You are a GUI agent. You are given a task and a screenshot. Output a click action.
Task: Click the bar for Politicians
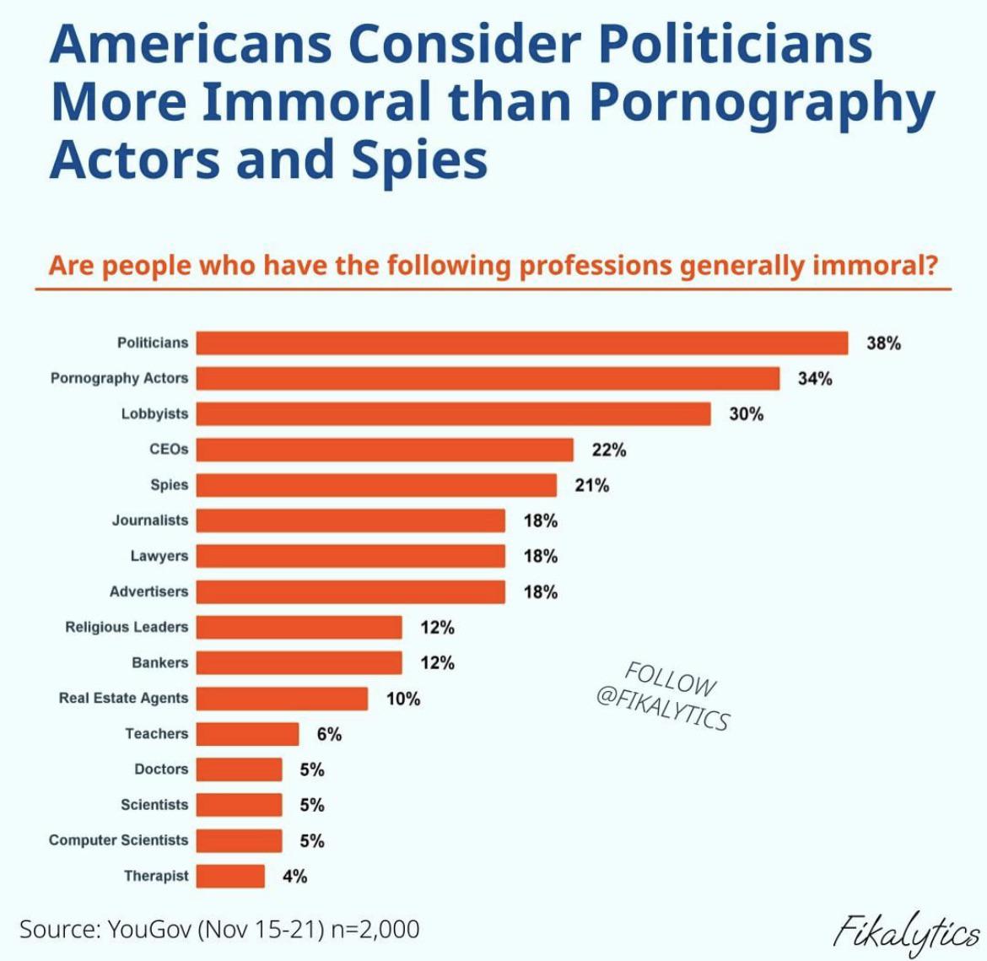coord(522,343)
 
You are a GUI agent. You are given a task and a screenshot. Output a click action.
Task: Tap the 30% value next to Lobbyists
coord(747,413)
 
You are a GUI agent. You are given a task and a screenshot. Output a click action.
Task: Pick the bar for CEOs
coord(385,450)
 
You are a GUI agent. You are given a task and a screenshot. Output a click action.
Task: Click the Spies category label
coord(169,485)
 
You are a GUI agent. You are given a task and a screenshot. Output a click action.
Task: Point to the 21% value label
coord(591,485)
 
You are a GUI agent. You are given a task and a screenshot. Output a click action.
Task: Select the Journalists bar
coord(351,521)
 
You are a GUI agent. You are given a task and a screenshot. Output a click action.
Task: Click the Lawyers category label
coord(159,556)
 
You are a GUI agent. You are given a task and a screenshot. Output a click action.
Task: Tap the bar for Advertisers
coord(351,591)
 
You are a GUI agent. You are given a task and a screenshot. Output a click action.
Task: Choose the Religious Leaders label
coord(127,627)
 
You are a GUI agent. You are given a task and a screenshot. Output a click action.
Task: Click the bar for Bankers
coord(299,662)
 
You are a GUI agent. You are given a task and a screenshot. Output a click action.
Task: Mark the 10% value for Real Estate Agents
coord(403,699)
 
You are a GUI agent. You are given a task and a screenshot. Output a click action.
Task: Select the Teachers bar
coord(248,734)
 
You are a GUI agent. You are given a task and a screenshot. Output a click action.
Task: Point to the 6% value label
coord(330,734)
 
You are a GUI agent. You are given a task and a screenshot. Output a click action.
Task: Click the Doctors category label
coord(161,769)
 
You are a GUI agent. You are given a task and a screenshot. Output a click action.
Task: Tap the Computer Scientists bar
coord(240,840)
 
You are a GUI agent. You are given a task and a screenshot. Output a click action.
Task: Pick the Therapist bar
coord(230,876)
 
